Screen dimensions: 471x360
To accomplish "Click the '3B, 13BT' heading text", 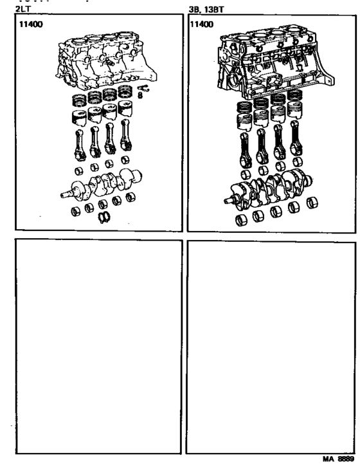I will (x=206, y=9).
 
